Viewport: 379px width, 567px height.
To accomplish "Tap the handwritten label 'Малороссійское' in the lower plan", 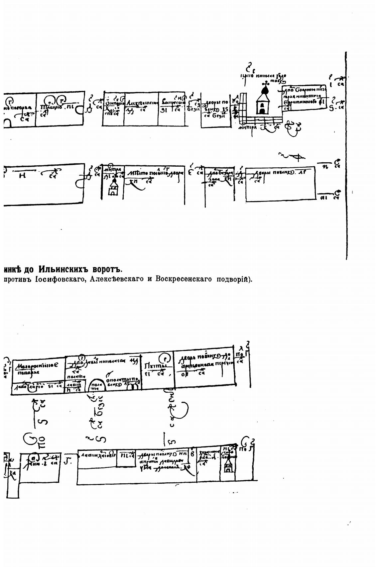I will pyautogui.click(x=38, y=366).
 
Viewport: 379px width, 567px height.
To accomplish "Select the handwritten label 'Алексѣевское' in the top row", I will pyautogui.click(x=142, y=103).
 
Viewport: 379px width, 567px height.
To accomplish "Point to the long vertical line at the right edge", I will pyautogui.click(x=346, y=156).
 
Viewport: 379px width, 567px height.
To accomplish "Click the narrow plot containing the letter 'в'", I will pyautogui.click(x=192, y=465).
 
